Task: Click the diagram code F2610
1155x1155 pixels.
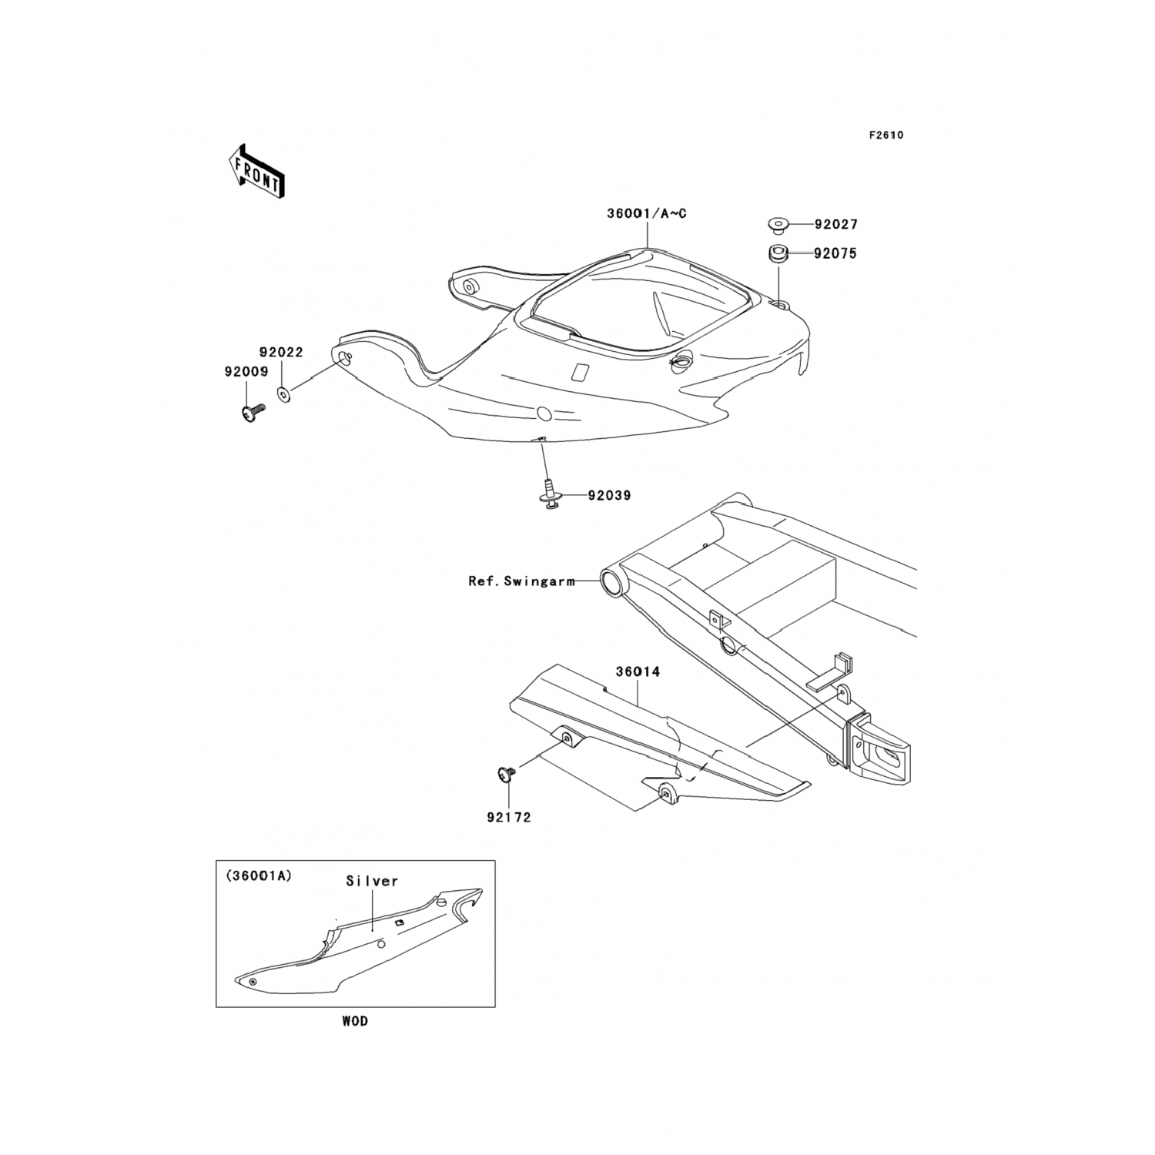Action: coord(886,136)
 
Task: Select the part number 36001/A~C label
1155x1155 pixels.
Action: coord(647,213)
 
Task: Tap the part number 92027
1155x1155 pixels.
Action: coord(835,225)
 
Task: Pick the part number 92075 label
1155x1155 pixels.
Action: coord(835,253)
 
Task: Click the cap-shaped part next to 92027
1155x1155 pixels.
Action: coord(777,226)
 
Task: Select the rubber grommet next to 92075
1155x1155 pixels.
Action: coord(777,253)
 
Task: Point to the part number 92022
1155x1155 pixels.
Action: coord(281,353)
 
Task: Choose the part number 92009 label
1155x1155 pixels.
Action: coord(246,372)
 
